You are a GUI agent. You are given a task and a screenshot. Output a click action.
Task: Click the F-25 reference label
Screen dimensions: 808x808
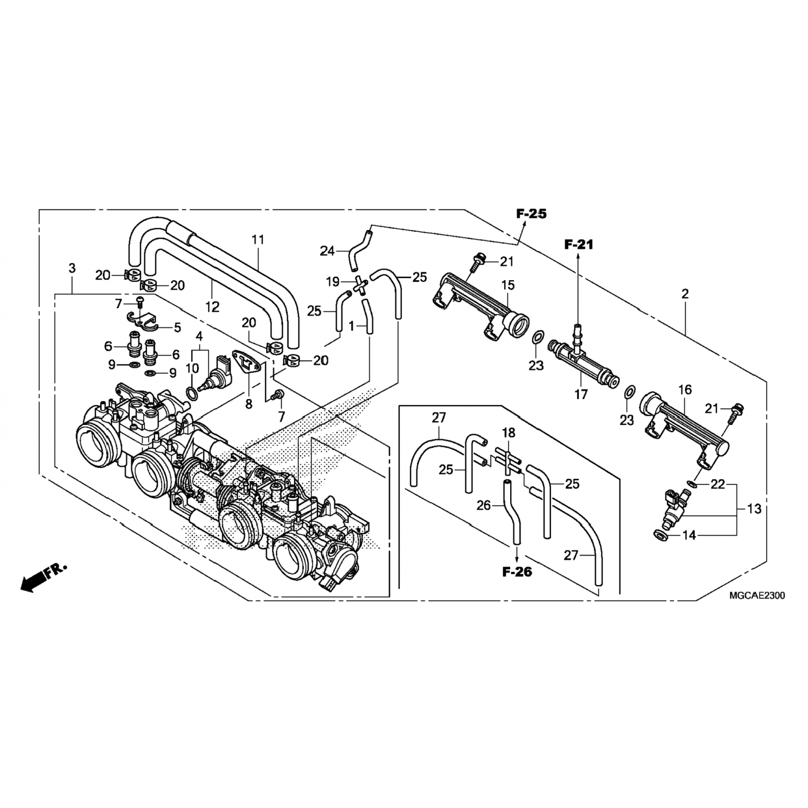pos(531,214)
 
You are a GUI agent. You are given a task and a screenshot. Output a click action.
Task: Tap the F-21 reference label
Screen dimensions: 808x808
pos(579,245)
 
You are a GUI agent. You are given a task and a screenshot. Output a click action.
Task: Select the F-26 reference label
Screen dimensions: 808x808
pos(517,572)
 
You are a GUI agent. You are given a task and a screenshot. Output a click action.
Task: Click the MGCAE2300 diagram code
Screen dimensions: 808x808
pos(757,596)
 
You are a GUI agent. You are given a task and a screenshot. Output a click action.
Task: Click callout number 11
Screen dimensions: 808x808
pos(259,239)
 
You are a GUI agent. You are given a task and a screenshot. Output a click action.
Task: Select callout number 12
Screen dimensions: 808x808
pos(212,307)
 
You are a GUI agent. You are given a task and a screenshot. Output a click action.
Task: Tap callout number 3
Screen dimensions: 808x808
pos(72,268)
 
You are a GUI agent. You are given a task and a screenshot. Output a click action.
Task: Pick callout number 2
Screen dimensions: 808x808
pos(685,294)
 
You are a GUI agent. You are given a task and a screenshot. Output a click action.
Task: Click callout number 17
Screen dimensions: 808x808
pos(581,394)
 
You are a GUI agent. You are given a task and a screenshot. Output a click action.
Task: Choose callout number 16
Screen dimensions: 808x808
pos(685,389)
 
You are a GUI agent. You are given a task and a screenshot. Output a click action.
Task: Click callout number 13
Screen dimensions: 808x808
pos(754,508)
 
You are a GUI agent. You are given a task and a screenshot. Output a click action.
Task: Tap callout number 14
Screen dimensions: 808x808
pos(689,535)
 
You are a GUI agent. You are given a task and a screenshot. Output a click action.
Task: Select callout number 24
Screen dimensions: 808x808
pos(327,250)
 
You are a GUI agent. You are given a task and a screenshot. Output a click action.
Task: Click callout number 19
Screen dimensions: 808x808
pos(332,281)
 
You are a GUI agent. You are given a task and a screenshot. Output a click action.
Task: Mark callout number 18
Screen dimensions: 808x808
pos(509,433)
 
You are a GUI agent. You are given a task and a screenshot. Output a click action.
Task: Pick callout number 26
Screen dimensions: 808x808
pos(484,506)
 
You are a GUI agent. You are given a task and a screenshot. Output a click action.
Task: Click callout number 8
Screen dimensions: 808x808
pos(248,403)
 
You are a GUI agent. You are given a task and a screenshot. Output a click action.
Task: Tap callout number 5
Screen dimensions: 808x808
pos(176,327)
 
